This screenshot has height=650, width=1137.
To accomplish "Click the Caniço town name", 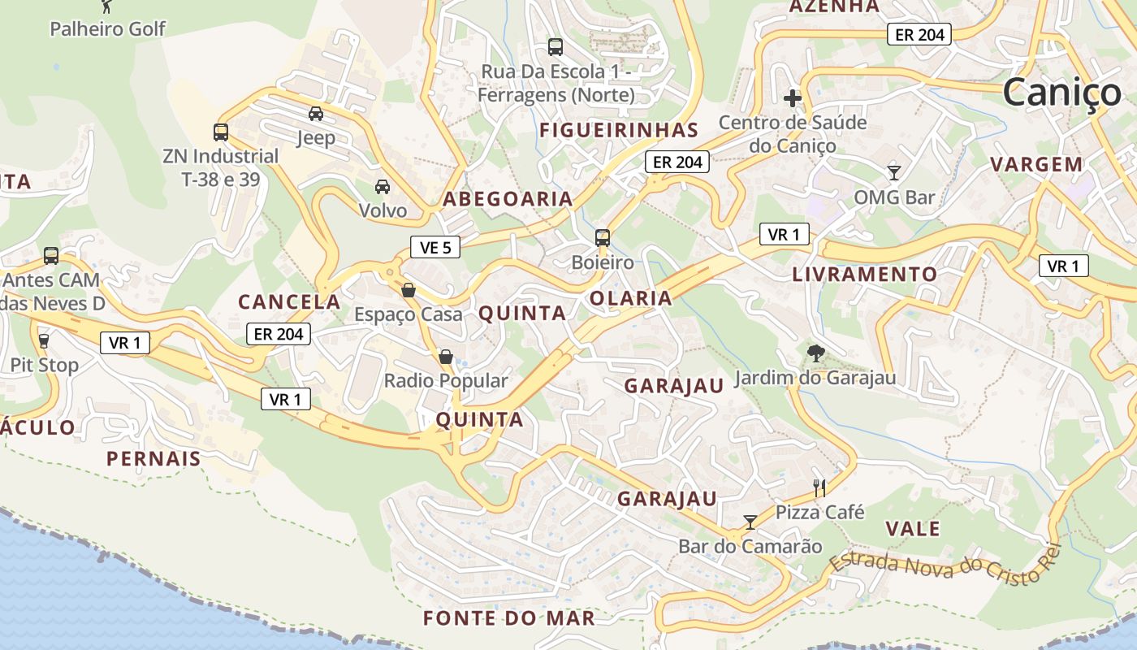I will tap(1061, 92).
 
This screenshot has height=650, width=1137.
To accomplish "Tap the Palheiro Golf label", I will tap(107, 29).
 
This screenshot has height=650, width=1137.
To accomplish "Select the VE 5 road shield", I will tap(435, 247).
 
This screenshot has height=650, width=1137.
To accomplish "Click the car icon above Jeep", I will tap(316, 114).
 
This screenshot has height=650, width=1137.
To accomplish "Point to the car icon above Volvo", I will tap(383, 187).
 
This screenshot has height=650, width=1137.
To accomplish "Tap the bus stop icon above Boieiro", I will tap(602, 238).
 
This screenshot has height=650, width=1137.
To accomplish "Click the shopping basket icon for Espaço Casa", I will tap(409, 290).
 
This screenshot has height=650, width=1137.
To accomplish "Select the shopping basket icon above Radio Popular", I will tap(445, 357).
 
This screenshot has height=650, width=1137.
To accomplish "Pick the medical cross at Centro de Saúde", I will tap(792, 99).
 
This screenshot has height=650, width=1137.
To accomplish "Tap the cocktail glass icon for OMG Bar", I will tap(894, 172).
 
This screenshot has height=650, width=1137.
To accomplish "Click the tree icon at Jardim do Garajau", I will tap(815, 353).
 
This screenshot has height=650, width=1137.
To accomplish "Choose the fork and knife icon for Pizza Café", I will tap(819, 487).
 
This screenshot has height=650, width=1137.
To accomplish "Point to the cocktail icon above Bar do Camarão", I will tap(750, 522).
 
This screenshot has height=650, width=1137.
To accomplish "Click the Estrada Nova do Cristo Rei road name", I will tap(945, 567).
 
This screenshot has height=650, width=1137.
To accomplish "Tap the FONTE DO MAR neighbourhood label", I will tap(509, 618).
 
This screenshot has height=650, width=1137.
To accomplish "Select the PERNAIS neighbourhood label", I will tap(153, 458).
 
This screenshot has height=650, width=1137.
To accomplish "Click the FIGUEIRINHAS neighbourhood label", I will tap(619, 130).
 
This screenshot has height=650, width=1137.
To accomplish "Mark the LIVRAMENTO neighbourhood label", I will tap(865, 275).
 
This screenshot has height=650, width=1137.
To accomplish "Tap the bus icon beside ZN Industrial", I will tap(220, 132).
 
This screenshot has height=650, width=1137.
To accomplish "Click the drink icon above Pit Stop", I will tap(44, 340).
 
